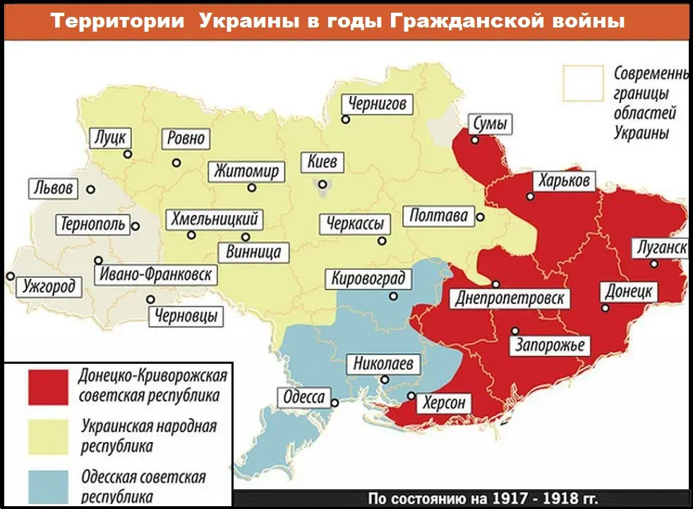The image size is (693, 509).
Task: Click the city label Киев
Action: point(323,161)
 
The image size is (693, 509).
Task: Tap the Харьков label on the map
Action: point(563,180)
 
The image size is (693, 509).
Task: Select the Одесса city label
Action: point(303,397)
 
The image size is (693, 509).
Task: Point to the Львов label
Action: point(53,189)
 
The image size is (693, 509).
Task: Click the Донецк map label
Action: point(629,292)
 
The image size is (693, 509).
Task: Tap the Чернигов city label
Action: point(377,104)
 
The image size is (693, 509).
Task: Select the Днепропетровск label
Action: point(510,298)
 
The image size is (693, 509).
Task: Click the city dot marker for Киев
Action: point(322,185)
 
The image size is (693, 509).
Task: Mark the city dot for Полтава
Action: point(480,216)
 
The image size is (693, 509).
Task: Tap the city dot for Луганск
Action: point(654,264)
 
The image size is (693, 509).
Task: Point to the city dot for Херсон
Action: point(411,395)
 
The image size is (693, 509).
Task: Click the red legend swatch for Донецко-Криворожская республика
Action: point(49,387)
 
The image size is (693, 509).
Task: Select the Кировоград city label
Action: point(368,278)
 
